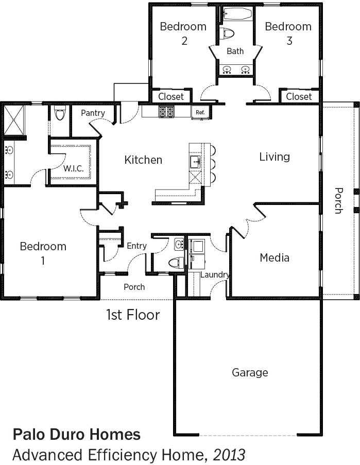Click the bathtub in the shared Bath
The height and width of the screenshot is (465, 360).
coord(237,13)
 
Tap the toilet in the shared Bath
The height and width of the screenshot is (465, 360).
coord(227,33)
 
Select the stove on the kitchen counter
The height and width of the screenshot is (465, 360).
coord(166,112)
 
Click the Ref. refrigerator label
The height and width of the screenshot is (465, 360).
coord(200,112)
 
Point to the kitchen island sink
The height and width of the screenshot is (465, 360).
coord(195,161)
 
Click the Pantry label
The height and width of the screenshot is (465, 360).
coord(93,113)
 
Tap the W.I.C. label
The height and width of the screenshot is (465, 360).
coord(74,169)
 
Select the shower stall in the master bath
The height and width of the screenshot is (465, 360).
coord(13,120)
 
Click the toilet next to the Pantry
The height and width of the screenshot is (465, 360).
coord(60,114)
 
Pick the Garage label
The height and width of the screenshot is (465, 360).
coord(250,372)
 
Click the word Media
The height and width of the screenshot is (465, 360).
coord(275,257)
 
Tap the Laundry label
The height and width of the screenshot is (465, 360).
coord(215,275)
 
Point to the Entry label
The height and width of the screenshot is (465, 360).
coord(136,246)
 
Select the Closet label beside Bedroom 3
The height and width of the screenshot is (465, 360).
coord(299,96)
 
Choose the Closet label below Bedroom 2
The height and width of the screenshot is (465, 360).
coord(171,96)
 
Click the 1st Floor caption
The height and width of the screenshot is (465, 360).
coord(133,315)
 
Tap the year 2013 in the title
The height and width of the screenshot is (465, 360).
coord(229,455)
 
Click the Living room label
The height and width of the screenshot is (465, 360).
coord(275,157)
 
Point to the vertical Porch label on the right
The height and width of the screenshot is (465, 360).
coord(338,200)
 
